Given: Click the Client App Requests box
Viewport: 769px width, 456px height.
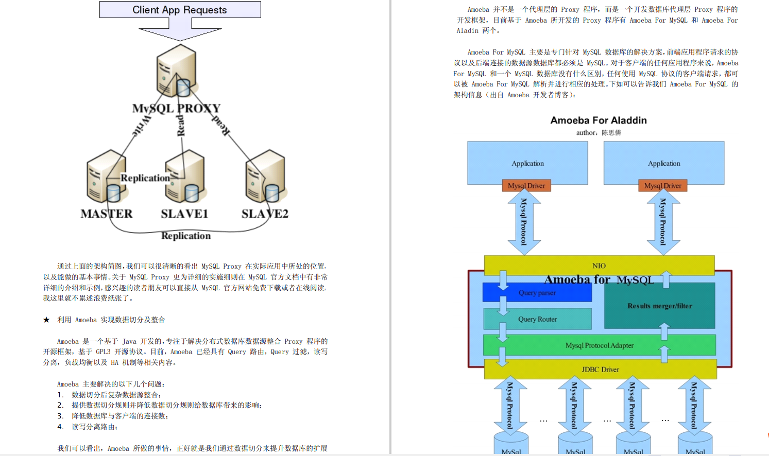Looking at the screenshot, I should coord(180,10).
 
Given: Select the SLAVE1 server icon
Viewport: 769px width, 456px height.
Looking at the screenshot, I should coord(186,176).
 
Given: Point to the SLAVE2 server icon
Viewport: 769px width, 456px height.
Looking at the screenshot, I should coord(265,176).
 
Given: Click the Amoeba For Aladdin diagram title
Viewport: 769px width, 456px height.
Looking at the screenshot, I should coord(599,120).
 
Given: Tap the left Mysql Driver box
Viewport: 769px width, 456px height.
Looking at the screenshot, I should coord(526,186).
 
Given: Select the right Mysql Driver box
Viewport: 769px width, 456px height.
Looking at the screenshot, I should coord(662,186).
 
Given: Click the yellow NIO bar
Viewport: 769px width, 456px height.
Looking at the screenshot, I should coord(599,266).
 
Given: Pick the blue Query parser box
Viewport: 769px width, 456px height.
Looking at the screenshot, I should coord(537,293).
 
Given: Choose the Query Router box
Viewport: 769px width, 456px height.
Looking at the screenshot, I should coord(537,319).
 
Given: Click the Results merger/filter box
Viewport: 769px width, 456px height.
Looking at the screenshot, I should coord(659,306).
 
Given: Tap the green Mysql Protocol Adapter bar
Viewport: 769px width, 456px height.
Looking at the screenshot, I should coord(600,345).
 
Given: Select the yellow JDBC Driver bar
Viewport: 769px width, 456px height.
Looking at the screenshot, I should coord(600,370).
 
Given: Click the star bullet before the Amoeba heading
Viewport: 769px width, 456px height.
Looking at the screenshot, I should coord(46,320).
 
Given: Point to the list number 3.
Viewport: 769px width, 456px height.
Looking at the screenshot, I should coord(60,416).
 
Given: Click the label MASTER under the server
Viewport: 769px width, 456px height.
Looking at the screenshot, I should coord(107,214).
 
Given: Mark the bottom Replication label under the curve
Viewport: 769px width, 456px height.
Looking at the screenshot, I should coord(186,236).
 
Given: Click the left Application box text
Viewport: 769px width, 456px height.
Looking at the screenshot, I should coord(527,163).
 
